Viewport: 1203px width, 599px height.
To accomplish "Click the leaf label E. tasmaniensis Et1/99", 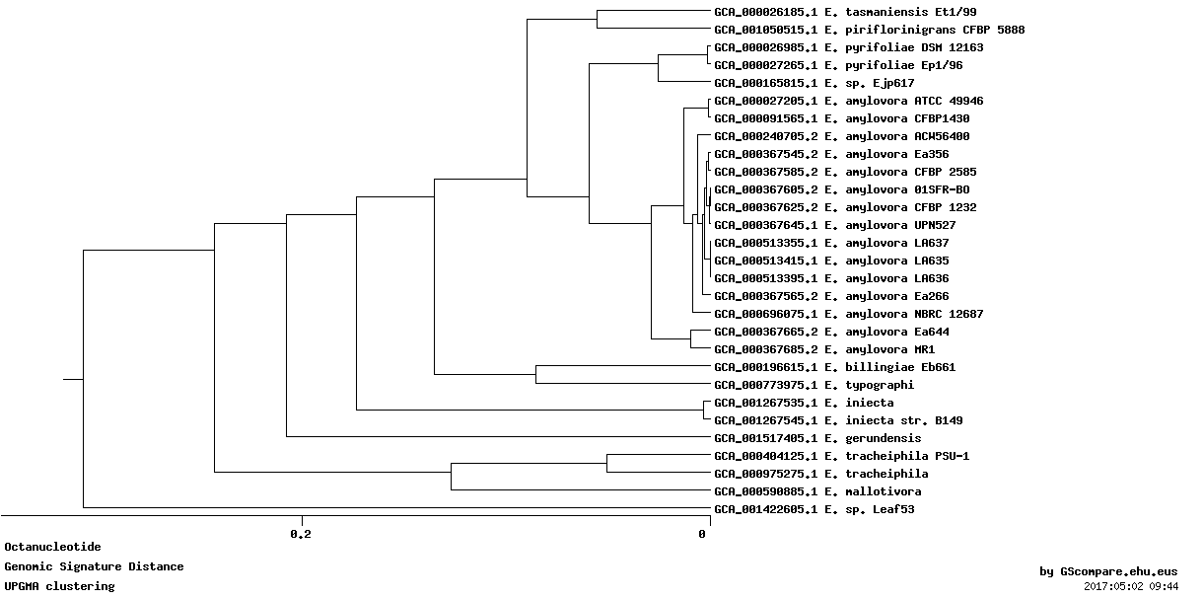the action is click(845, 12).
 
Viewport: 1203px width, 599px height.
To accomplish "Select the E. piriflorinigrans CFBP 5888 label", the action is click(870, 30).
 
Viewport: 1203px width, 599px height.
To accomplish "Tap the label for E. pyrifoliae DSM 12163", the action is click(849, 47).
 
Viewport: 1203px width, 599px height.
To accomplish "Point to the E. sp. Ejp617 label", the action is click(814, 83).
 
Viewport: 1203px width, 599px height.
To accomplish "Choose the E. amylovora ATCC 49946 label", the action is click(849, 101).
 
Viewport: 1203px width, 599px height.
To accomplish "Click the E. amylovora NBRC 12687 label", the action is click(849, 314).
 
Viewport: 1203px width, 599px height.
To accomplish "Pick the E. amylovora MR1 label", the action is click(824, 349).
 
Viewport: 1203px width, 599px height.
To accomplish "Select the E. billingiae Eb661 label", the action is click(834, 367).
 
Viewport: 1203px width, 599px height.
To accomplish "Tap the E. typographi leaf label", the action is click(814, 385).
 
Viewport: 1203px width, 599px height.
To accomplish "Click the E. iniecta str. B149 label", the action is click(838, 420).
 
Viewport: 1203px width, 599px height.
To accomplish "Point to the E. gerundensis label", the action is click(817, 438).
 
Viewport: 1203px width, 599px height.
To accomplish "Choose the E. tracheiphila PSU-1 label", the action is click(841, 456).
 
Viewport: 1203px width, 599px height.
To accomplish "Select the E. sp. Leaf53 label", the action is click(814, 508).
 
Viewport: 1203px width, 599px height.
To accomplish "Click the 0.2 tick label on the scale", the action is click(301, 534).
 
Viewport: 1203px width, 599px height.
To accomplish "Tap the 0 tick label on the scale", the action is click(702, 534).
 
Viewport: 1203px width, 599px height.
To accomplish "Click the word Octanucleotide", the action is click(52, 547).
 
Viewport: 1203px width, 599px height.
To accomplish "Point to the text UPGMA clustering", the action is click(59, 586).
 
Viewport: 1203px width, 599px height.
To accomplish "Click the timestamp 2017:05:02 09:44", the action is click(1131, 586).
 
